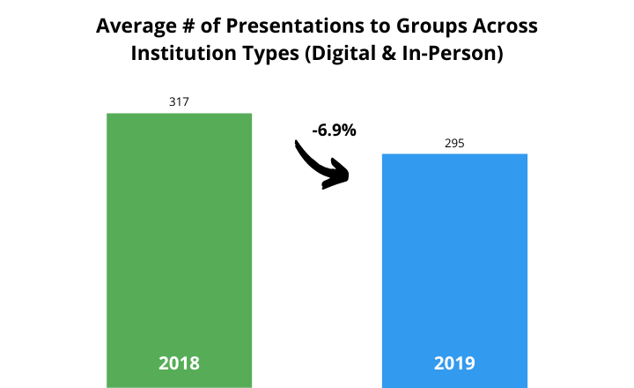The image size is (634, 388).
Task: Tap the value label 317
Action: click(x=179, y=101)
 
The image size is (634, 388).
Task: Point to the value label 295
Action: click(x=454, y=143)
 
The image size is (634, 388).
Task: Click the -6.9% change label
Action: click(x=334, y=131)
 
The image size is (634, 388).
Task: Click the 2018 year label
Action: click(x=179, y=362)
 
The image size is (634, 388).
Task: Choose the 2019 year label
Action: click(x=454, y=362)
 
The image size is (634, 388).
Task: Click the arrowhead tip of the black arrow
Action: click(x=350, y=176)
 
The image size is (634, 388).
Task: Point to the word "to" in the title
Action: click(x=372, y=26)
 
